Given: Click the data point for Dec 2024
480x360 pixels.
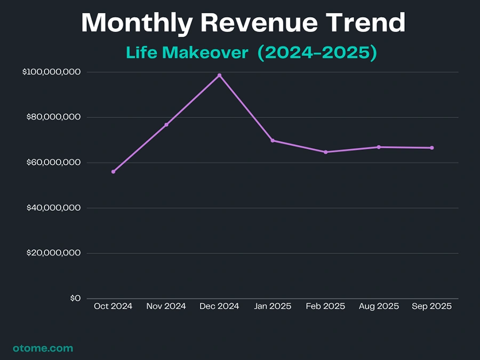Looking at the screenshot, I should pyautogui.click(x=219, y=75).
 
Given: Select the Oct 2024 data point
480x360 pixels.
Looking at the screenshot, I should pyautogui.click(x=113, y=172).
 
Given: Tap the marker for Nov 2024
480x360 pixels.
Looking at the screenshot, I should pyautogui.click(x=166, y=125).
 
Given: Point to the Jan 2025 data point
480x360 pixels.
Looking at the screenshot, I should pyautogui.click(x=273, y=140).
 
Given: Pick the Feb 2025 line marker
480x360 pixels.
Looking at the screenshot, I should pyautogui.click(x=325, y=152).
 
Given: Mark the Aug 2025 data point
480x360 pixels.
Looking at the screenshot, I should pyautogui.click(x=379, y=147).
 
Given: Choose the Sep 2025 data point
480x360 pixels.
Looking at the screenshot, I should pyautogui.click(x=431, y=148).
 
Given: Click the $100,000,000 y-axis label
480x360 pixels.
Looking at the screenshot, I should pyautogui.click(x=52, y=72).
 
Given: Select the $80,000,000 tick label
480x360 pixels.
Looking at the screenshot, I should pyautogui.click(x=53, y=117).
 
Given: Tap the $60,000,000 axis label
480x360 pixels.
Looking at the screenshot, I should pyautogui.click(x=53, y=163).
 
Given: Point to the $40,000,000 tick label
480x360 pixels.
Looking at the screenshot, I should pyautogui.click(x=53, y=208).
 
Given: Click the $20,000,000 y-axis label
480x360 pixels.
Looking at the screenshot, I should pyautogui.click(x=53, y=253).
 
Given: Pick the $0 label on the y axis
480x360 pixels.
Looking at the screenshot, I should pyautogui.click(x=75, y=298).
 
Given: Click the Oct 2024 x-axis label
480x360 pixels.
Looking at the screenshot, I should pyautogui.click(x=113, y=306).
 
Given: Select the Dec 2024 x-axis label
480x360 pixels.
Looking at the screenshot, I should pyautogui.click(x=219, y=306).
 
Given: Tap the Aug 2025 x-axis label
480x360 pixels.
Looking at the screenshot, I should pyautogui.click(x=379, y=306).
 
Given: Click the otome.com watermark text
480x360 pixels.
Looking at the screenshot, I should pyautogui.click(x=43, y=348).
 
